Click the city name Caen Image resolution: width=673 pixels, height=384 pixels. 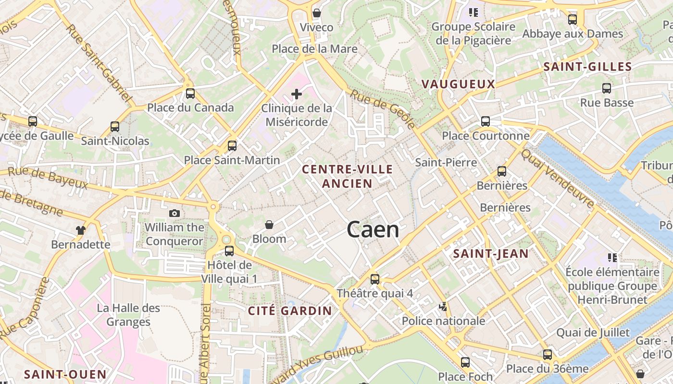373,230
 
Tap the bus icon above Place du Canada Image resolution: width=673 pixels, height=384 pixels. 190,94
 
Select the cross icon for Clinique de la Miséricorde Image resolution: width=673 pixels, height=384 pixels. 297,94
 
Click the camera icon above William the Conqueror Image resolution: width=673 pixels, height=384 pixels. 174,213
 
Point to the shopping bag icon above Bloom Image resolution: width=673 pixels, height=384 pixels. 269,225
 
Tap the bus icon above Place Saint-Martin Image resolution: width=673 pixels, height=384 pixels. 232,145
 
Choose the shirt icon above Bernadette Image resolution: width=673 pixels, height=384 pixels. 81,230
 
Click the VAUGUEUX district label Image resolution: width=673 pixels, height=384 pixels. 458,84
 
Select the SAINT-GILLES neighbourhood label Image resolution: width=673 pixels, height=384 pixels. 587,67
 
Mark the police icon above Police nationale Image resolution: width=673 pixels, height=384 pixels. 443,306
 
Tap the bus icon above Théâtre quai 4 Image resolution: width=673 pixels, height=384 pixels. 375,279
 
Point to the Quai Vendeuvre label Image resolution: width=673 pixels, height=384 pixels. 558,178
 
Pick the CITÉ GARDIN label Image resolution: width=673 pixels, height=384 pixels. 290,311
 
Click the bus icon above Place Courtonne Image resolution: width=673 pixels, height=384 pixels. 486,121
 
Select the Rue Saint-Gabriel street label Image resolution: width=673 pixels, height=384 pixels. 99,63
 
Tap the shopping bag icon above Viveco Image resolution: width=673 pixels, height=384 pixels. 316,13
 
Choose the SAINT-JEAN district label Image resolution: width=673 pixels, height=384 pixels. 491,254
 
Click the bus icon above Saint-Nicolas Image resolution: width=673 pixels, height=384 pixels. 115,127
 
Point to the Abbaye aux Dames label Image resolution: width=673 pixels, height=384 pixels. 573,34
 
